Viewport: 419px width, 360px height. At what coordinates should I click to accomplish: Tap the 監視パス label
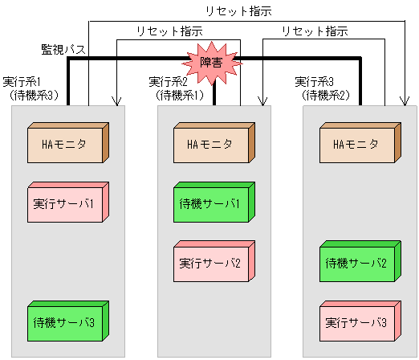click(63, 50)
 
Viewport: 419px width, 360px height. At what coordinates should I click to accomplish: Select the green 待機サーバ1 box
click(213, 202)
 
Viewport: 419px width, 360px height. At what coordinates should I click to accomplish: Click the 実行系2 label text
click(169, 82)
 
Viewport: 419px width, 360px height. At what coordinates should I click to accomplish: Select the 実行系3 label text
click(315, 82)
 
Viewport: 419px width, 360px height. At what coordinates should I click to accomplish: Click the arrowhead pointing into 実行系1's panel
click(118, 102)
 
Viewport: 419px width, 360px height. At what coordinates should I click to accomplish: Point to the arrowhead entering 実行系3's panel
click(408, 102)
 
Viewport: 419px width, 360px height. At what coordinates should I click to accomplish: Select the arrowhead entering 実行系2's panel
click(262, 102)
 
